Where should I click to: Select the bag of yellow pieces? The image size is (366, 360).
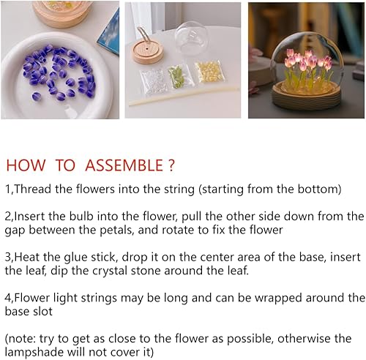209,72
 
